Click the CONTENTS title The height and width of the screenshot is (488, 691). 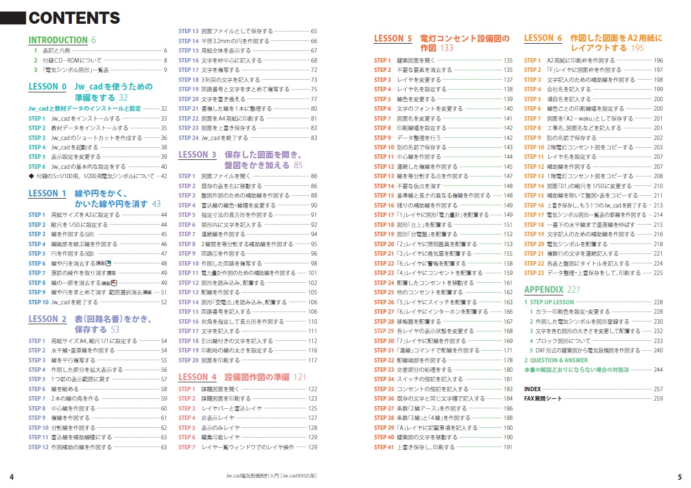[x=74, y=18]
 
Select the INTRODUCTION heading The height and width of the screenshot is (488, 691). [x=58, y=40]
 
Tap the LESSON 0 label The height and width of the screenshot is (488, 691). [x=47, y=86]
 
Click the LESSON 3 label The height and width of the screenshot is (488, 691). [x=197, y=155]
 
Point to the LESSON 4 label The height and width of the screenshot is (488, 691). [x=197, y=377]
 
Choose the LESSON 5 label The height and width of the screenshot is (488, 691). [x=393, y=39]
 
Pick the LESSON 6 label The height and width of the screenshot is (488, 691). [x=543, y=38]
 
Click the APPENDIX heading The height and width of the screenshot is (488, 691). [x=543, y=289]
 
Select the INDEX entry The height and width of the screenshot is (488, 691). [x=532, y=389]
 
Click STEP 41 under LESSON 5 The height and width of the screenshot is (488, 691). [x=384, y=447]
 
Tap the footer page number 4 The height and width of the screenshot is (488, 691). [x=12, y=477]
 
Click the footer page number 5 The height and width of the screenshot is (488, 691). [x=679, y=477]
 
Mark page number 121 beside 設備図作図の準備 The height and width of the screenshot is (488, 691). [x=300, y=377]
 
